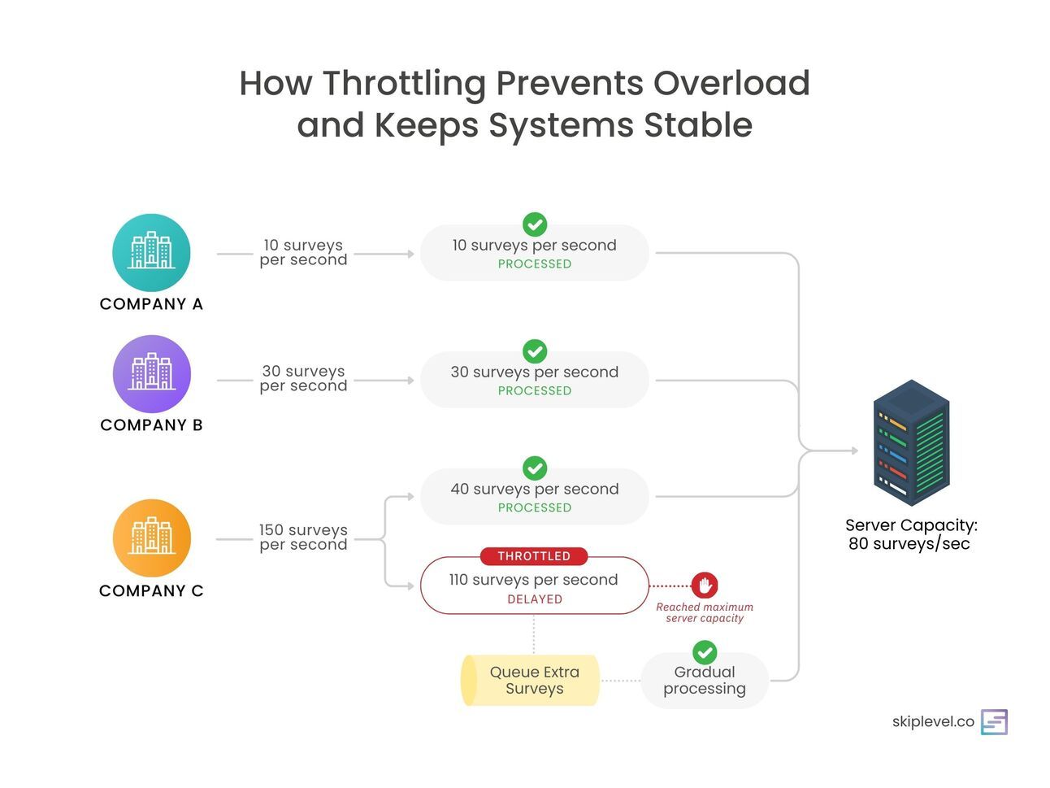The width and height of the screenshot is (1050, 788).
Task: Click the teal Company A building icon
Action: coord(151,252)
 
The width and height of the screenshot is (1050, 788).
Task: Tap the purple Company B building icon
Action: coord(151,373)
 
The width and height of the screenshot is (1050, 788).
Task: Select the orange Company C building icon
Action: coord(151,538)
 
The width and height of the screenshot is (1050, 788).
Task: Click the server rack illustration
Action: coord(911,443)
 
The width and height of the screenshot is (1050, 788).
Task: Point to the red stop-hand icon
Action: coord(705,585)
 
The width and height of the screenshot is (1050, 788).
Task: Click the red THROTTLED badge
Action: coord(534,556)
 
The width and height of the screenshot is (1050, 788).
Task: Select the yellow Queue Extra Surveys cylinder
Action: coord(531,680)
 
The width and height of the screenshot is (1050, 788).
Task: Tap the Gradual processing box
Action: coord(705,681)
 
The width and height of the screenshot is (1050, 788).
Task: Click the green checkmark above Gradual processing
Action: coord(705,652)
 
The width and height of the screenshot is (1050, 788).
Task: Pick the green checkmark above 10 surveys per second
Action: coord(535,224)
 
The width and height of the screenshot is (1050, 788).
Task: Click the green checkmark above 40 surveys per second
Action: coord(535,468)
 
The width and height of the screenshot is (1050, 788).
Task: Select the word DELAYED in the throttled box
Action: coord(535,599)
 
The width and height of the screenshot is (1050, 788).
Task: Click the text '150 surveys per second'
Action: coord(303,538)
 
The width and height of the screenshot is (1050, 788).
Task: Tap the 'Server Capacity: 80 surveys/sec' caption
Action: coord(910,534)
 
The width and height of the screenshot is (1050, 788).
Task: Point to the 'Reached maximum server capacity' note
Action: coord(705,612)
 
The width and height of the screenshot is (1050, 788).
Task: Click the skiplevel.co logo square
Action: coord(994,722)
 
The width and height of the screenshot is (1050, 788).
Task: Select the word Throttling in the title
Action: coord(404,83)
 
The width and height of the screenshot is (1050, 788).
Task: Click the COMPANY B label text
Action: coord(151,424)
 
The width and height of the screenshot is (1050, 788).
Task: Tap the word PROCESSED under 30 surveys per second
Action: coord(535,391)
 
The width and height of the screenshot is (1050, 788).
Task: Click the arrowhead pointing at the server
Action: coord(853,451)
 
